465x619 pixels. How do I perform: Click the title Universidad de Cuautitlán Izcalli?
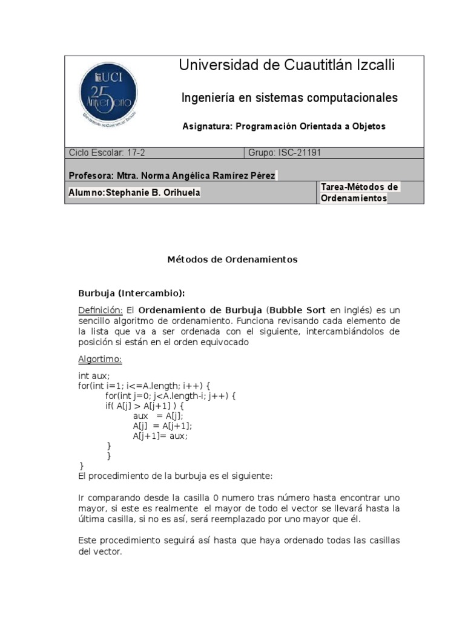[287, 66]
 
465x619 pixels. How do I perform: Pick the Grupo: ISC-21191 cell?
[285, 153]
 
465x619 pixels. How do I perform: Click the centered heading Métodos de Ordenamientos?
[232, 259]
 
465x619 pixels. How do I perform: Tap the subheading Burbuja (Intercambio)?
[131, 293]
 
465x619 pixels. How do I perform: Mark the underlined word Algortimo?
[100, 360]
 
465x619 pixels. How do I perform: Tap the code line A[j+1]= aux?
[160, 435]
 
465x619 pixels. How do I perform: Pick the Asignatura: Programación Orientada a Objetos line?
[283, 126]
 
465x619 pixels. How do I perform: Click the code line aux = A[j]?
[157, 416]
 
